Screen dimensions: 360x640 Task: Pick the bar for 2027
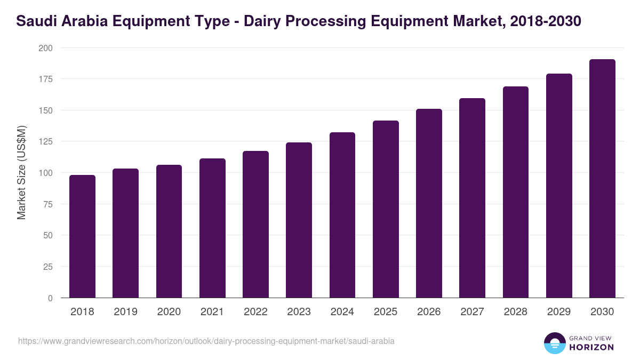pyautogui.click(x=472, y=198)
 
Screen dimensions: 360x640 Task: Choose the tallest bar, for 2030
pyautogui.click(x=602, y=179)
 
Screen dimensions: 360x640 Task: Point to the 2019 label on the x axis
pyautogui.click(x=125, y=312)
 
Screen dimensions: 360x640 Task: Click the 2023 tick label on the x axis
pyautogui.click(x=299, y=312)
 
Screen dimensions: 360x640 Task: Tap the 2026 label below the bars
pyautogui.click(x=429, y=312)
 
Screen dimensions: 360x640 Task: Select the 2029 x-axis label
pyautogui.click(x=559, y=312)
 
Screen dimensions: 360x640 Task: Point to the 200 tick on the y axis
pyautogui.click(x=46, y=48)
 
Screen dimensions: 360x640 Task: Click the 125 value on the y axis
pyautogui.click(x=46, y=142)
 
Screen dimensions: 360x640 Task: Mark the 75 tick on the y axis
pyautogui.click(x=48, y=204)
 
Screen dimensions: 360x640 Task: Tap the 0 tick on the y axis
pyautogui.click(x=50, y=298)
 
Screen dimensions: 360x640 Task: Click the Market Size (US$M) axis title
pyautogui.click(x=21, y=173)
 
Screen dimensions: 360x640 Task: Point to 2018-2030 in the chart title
pyautogui.click(x=545, y=21)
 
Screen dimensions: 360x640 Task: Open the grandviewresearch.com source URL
pyautogui.click(x=206, y=341)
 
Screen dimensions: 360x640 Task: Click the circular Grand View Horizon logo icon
pyautogui.click(x=554, y=343)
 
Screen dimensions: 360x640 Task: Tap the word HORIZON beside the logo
pyautogui.click(x=591, y=347)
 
